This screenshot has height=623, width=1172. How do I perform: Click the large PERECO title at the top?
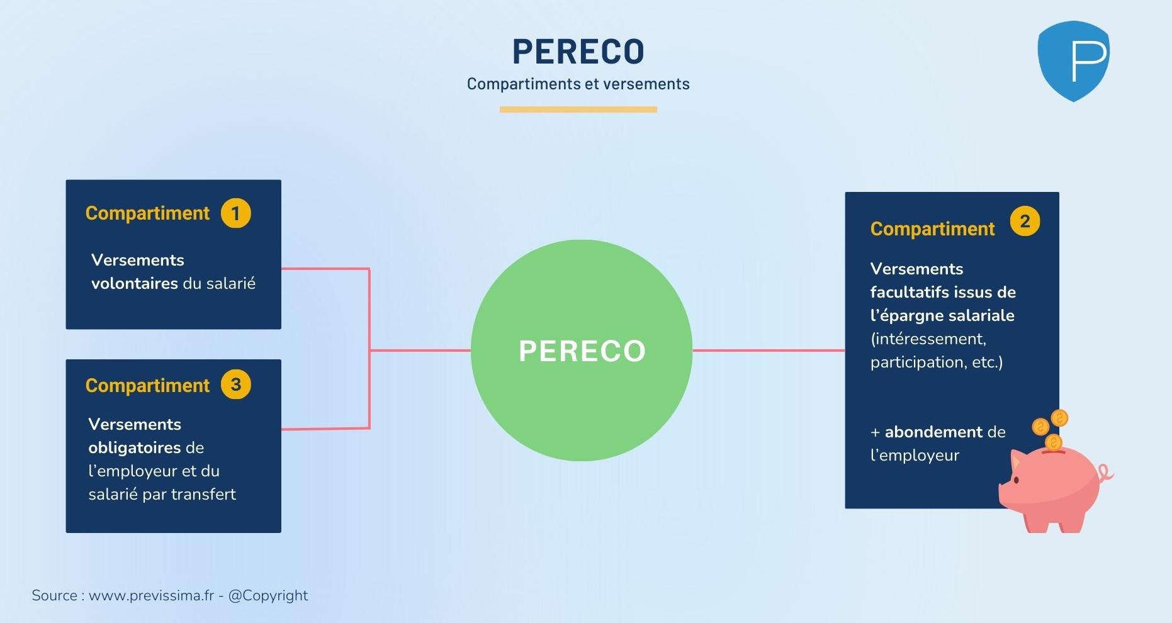[578, 52]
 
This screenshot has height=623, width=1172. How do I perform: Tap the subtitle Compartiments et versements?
[578, 84]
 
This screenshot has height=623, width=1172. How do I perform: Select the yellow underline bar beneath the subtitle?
[578, 109]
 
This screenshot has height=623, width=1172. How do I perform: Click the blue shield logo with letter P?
[1073, 61]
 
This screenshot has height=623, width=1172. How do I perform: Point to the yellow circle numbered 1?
[236, 213]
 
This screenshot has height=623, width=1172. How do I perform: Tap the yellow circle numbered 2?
[1025, 222]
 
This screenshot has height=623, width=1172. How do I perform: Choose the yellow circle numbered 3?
[236, 384]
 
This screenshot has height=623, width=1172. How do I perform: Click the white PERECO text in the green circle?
[582, 351]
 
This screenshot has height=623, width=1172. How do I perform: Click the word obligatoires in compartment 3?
[134, 448]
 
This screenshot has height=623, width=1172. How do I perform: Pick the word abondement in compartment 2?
[933, 432]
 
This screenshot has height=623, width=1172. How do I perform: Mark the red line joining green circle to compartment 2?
[768, 351]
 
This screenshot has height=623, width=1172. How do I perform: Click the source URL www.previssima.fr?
[151, 596]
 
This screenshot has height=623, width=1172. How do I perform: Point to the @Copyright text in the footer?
[268, 596]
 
